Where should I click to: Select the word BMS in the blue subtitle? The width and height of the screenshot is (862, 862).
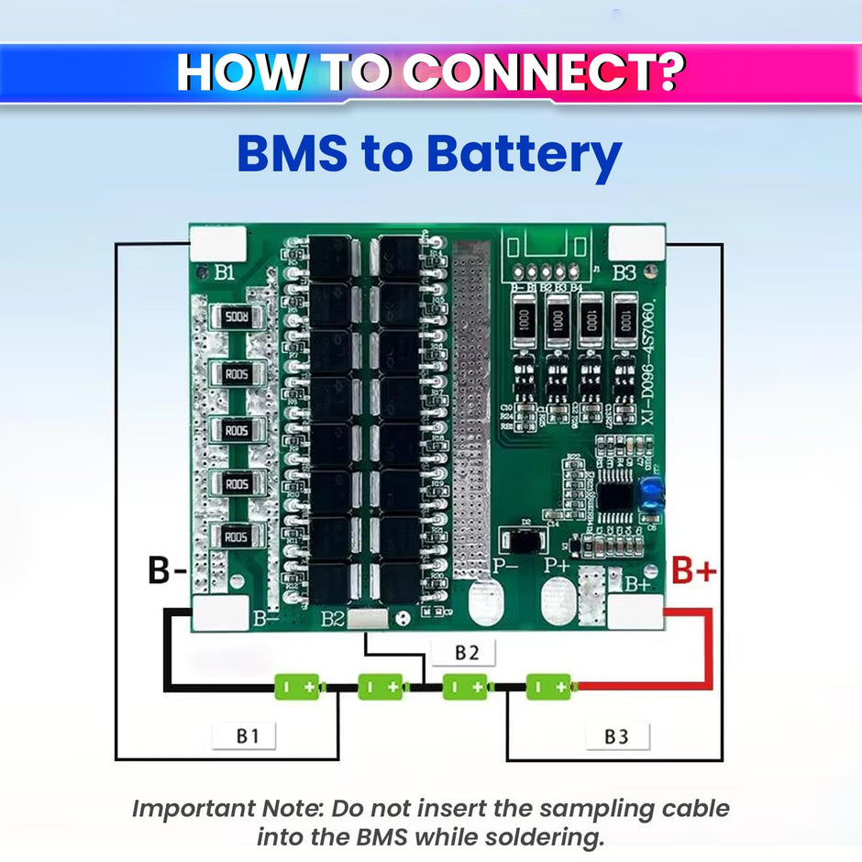click(x=293, y=155)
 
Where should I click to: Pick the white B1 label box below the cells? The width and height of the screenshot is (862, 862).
click(x=243, y=735)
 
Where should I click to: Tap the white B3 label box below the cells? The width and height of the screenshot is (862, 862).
click(x=617, y=736)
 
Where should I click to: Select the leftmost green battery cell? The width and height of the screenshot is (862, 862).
click(x=297, y=686)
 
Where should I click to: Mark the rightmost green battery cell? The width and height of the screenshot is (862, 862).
click(x=549, y=686)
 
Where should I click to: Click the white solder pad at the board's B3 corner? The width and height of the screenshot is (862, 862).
click(x=636, y=244)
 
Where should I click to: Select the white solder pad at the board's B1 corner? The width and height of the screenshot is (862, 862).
click(x=217, y=244)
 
